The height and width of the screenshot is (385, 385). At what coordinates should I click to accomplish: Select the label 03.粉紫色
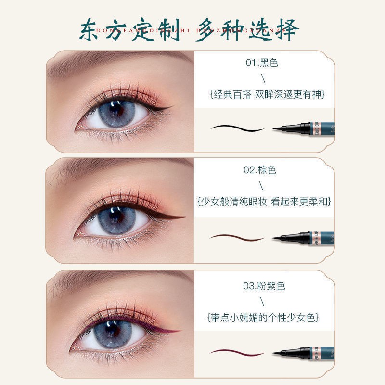tap(264, 286)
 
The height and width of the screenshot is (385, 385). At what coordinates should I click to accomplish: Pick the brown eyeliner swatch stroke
tap(237, 237)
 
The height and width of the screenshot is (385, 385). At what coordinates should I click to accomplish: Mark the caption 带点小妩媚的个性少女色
tap(263, 318)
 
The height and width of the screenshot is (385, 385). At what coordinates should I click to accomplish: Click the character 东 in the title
tap(92, 30)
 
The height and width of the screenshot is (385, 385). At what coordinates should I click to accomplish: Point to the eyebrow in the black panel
tap(120, 62)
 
